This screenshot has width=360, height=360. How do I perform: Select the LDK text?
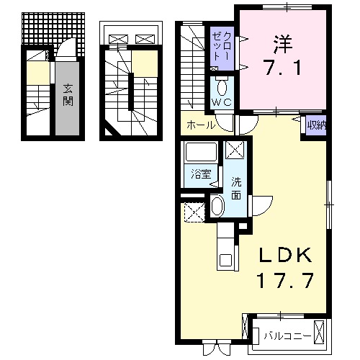285,256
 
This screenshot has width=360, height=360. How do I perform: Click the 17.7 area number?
285,281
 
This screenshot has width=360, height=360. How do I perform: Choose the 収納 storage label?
315,125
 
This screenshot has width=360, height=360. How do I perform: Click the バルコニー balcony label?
287,334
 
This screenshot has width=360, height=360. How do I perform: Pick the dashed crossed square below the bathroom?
194,212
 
